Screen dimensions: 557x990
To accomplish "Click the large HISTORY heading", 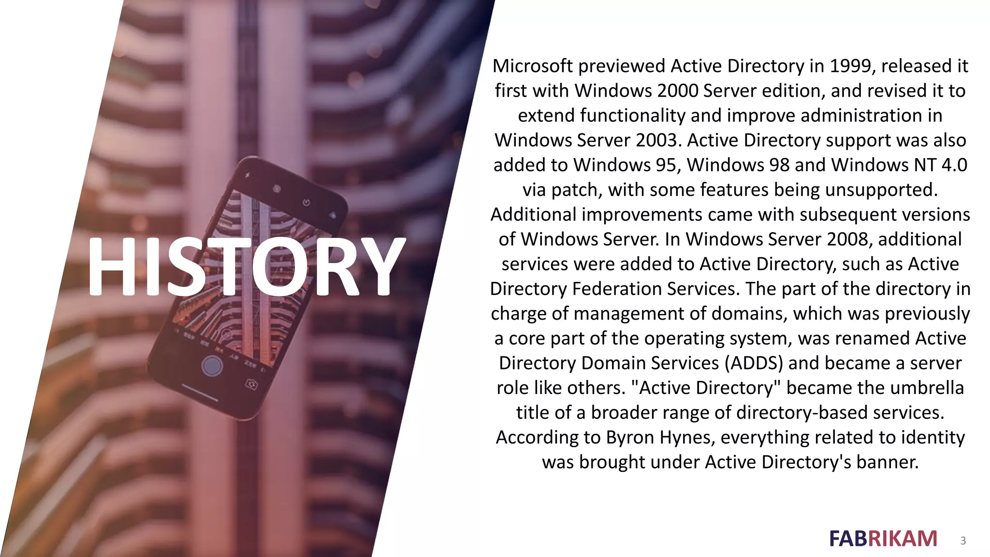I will (246, 266).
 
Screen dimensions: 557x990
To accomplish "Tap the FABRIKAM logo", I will (883, 539).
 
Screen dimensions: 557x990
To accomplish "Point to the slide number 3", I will (963, 541).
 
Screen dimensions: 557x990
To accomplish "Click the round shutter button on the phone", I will (212, 366).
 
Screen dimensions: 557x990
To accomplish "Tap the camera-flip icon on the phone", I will (251, 384).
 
